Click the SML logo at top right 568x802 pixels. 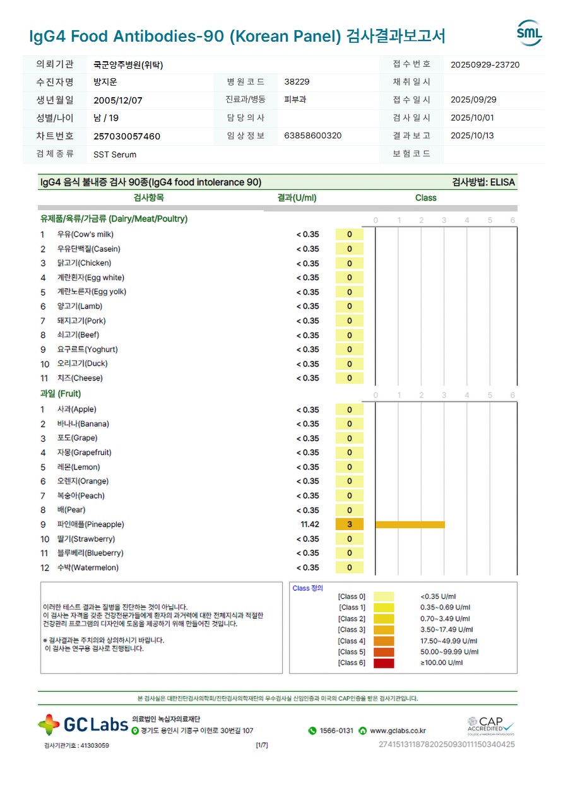coord(529,33)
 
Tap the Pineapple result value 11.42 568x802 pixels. coord(310,524)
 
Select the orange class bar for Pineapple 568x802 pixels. coord(410,524)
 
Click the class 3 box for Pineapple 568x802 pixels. coord(350,524)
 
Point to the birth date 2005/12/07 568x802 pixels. coord(118,100)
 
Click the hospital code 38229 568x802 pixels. coord(297,82)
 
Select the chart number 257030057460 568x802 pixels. coord(127,136)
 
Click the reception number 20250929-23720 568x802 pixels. coord(485,64)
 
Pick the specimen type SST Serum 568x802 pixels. coord(115,155)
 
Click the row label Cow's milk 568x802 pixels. coord(85,235)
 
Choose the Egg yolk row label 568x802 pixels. coord(92,292)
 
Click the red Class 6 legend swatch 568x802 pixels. coord(384,663)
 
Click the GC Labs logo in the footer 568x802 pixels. coord(83,724)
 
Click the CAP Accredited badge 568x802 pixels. coord(490,725)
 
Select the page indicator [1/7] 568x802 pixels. coord(262,745)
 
